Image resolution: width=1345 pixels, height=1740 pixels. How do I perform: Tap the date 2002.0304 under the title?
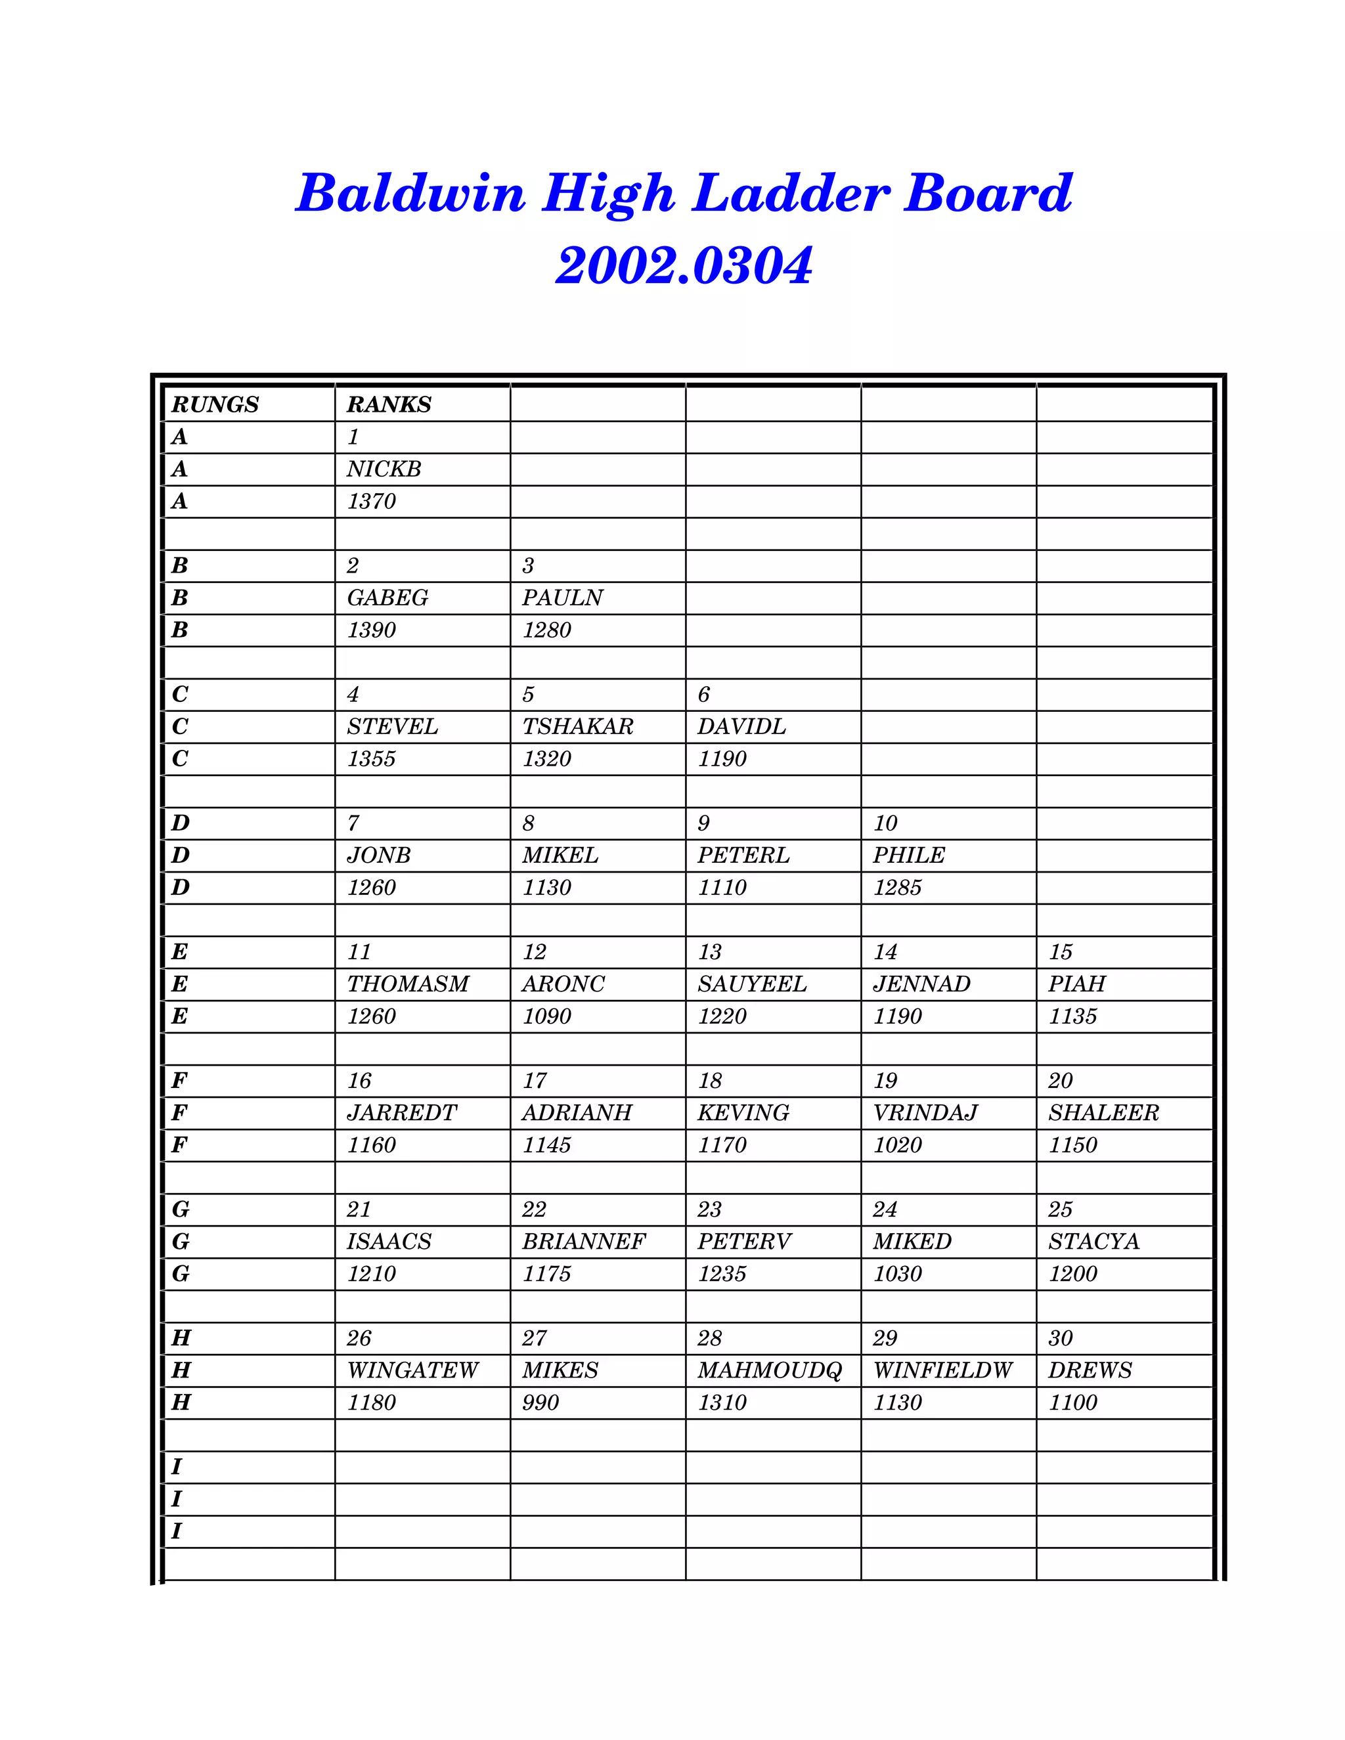684,265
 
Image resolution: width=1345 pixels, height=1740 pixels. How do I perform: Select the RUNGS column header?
215,404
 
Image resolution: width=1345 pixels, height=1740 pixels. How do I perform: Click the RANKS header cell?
389,404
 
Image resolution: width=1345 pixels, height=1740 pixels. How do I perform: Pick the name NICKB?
384,469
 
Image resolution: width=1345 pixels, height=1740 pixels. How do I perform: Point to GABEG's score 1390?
371,630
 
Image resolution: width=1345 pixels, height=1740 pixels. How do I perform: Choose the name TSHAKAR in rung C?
578,727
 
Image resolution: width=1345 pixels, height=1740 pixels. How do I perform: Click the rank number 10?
885,823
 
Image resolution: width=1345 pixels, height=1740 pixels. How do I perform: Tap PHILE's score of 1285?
897,888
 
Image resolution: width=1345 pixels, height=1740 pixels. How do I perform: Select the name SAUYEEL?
751,984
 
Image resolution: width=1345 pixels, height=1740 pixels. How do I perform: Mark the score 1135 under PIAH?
1072,1016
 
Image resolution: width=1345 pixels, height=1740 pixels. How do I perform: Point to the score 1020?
897,1146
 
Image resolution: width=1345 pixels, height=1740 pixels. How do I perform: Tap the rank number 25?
1060,1209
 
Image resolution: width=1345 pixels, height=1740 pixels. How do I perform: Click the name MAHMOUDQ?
770,1370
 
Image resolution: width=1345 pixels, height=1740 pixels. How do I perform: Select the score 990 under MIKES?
540,1403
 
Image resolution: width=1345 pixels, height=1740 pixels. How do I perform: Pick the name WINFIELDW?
942,1370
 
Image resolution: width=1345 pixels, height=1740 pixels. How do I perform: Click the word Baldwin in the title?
410,194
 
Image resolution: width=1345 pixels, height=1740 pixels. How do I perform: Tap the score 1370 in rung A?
371,501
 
